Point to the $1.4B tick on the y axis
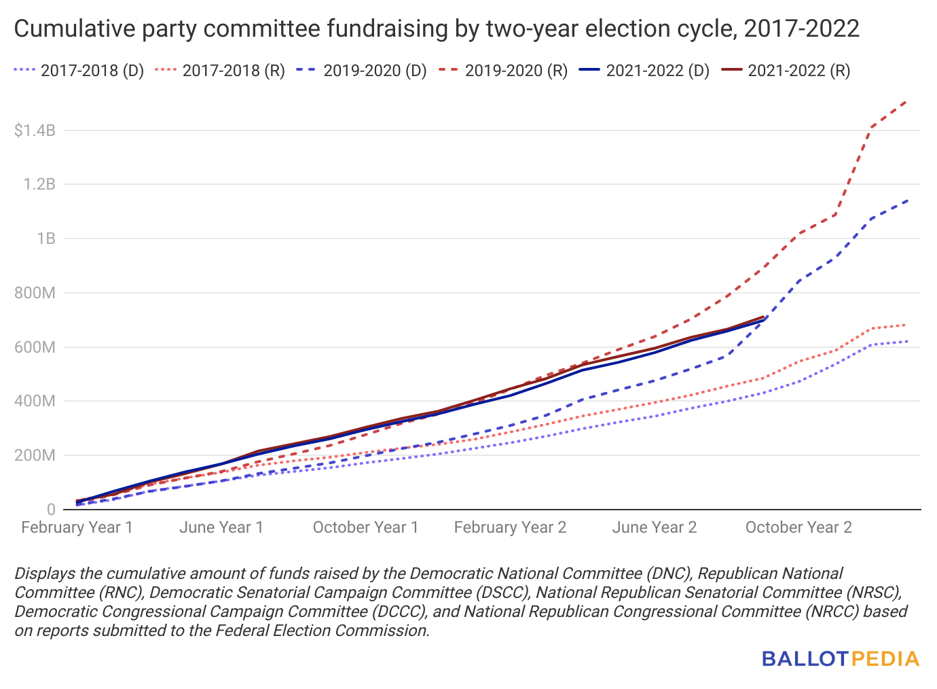point(35,130)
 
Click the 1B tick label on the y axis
point(46,238)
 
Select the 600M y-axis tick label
point(35,347)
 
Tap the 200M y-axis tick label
point(35,455)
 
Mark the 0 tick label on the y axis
point(51,510)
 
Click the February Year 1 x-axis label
point(77,528)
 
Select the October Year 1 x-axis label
point(365,528)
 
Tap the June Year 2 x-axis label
point(655,528)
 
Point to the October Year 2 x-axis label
point(798,528)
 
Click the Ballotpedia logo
point(841,658)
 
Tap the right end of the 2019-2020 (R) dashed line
point(906,101)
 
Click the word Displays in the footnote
point(43,573)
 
